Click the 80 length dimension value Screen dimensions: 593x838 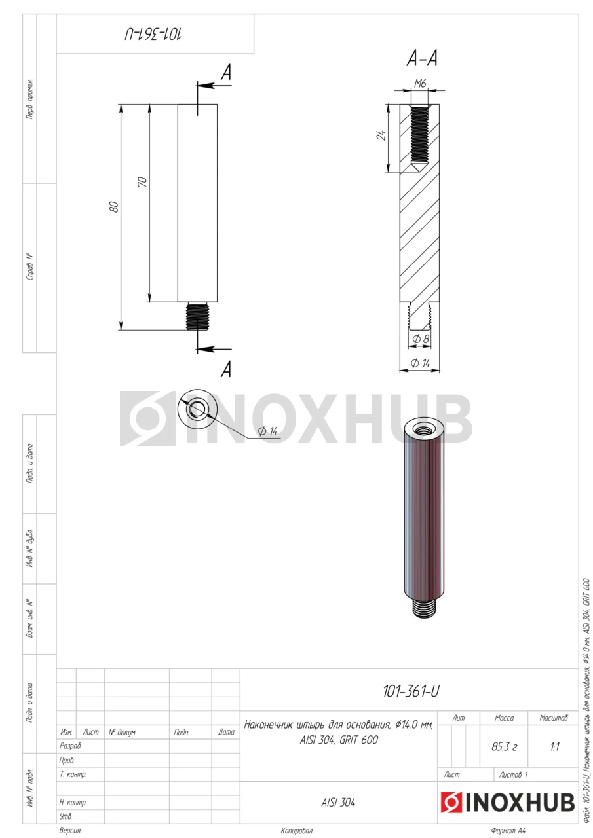coord(115,206)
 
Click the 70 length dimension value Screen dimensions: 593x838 coord(143,182)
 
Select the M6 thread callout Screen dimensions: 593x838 coord(420,83)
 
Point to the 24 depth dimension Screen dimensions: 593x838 coord(381,135)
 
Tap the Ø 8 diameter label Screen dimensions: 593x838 coord(421,339)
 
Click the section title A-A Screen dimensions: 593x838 coord(422,59)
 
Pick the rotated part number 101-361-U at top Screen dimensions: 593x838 coord(153,34)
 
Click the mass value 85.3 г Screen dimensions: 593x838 coord(504,747)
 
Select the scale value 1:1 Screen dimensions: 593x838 coord(554,747)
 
